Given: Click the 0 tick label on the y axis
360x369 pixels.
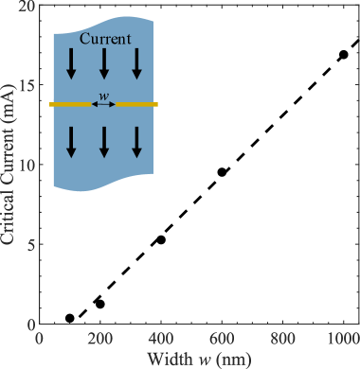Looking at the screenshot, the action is [28, 324].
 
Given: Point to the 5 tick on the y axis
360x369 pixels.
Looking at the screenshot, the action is [28, 244].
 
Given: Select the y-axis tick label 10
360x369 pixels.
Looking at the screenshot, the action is [25, 165].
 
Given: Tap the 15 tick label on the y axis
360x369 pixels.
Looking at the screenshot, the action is [25, 85].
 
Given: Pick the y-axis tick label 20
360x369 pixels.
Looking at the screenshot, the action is [25, 7].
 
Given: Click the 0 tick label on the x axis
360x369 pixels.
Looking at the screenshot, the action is [38, 338].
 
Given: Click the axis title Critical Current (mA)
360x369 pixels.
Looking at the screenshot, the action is [9, 165].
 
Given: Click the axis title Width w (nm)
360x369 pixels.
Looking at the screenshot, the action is [197, 358].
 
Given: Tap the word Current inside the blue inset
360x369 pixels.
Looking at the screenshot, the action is [104, 39].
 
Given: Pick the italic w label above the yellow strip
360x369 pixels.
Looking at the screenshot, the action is [104, 95].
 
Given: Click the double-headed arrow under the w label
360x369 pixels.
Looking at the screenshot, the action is [104, 104].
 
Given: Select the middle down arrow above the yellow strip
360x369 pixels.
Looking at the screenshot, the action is [104, 64].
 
